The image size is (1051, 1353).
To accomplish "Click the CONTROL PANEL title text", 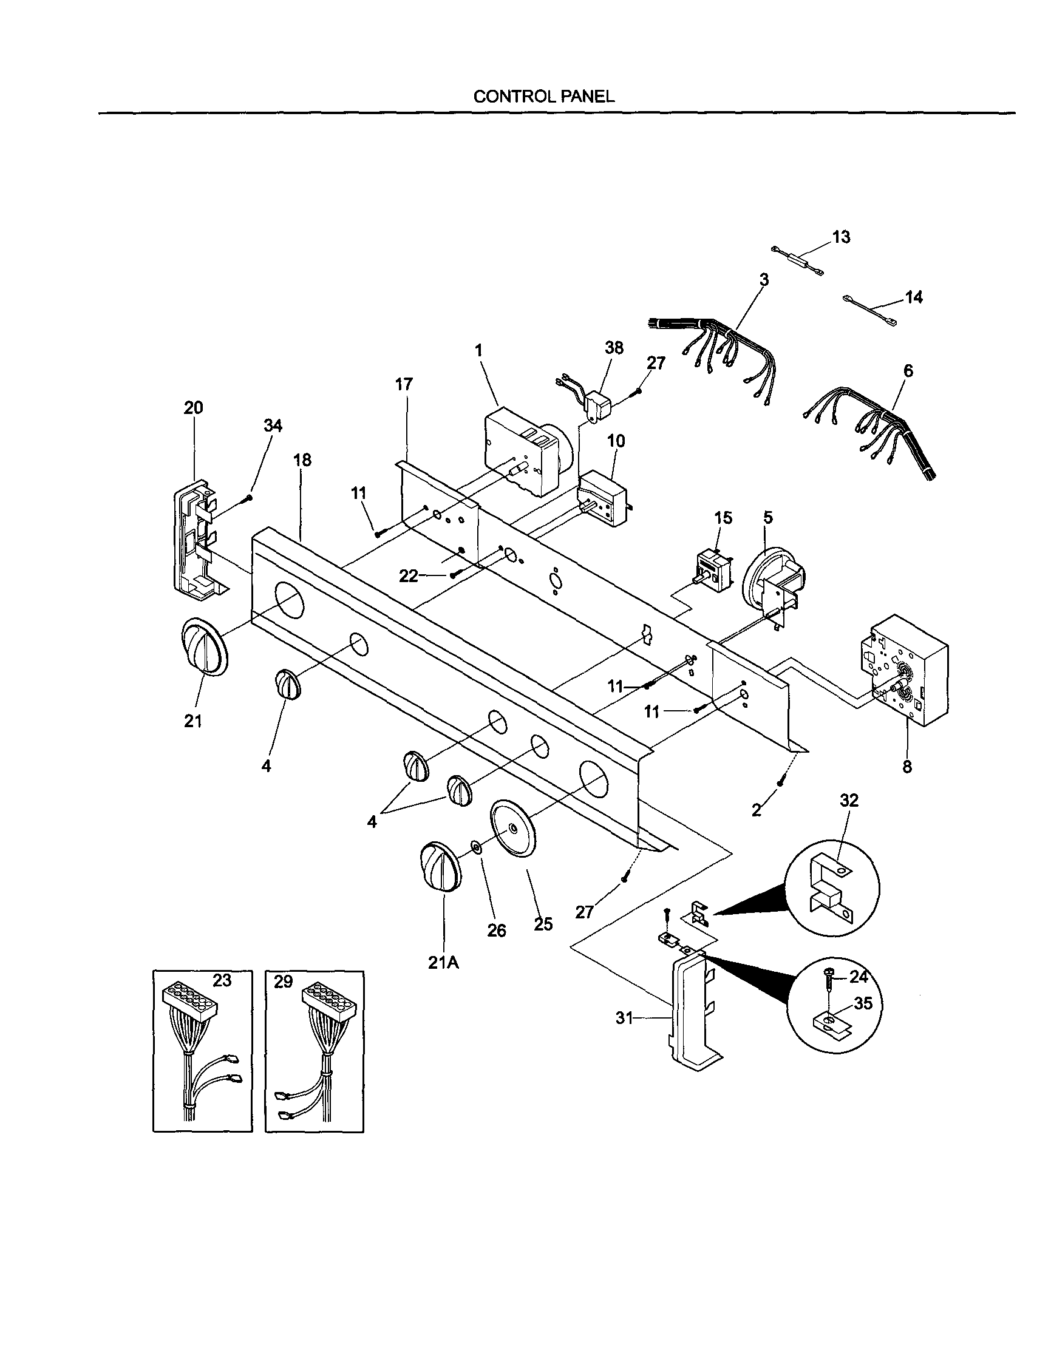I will tap(543, 96).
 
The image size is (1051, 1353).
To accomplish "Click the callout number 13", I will tap(841, 237).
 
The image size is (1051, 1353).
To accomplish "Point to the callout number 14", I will tap(913, 297).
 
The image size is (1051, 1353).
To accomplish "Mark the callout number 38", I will tap(613, 348).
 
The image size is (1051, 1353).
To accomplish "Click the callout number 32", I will tap(849, 801).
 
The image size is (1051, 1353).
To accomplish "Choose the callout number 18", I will tap(302, 459).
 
